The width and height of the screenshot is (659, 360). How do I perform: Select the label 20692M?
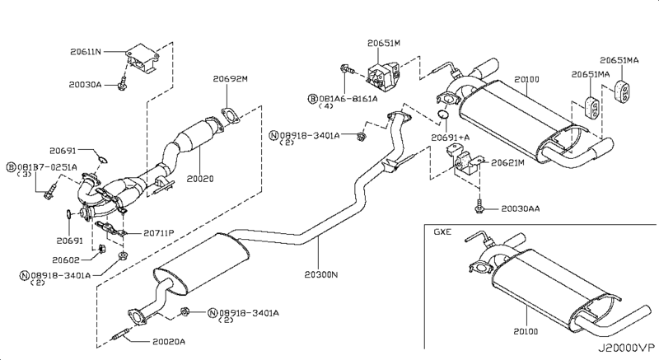[231, 79]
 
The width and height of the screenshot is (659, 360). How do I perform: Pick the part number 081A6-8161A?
[348, 98]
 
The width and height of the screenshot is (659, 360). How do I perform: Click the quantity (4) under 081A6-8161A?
[329, 108]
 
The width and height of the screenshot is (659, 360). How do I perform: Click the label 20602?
[72, 259]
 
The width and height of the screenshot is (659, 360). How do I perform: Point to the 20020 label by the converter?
[201, 177]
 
